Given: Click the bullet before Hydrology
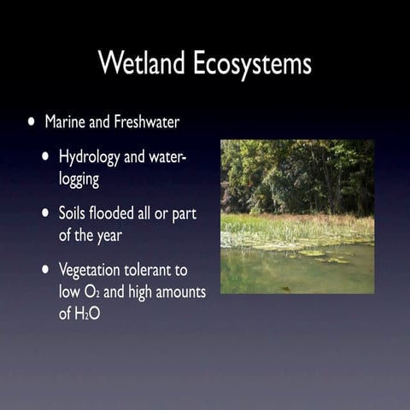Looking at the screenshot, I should (x=46, y=157).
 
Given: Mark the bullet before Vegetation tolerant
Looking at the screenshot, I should (x=46, y=271).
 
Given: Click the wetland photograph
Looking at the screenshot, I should (x=296, y=216).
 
